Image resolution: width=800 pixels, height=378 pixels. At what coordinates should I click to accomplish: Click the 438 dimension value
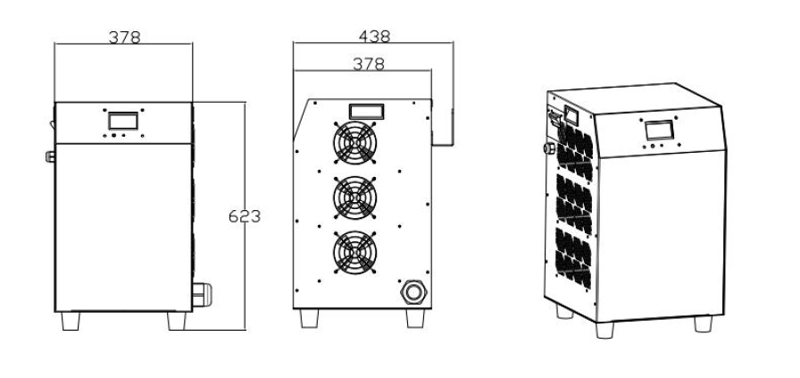coord(373,37)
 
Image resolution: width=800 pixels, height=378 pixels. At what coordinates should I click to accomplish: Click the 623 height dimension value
coord(244,216)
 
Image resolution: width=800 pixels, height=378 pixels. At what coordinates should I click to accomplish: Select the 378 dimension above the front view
coord(124,37)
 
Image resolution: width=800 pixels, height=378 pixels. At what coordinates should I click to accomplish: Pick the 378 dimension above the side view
coord(368,63)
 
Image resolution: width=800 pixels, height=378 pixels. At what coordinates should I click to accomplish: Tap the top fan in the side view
coord(354,142)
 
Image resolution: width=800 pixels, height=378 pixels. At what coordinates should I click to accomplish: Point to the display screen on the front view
coord(123,122)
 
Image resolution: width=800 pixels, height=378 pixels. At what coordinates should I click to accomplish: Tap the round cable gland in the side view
coord(413,290)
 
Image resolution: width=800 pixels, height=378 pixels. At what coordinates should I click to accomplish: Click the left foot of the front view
coord(70,321)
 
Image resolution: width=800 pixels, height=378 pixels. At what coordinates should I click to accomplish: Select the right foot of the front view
coord(176,321)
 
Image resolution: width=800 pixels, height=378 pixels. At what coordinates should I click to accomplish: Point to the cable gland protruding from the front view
coord(202,292)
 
